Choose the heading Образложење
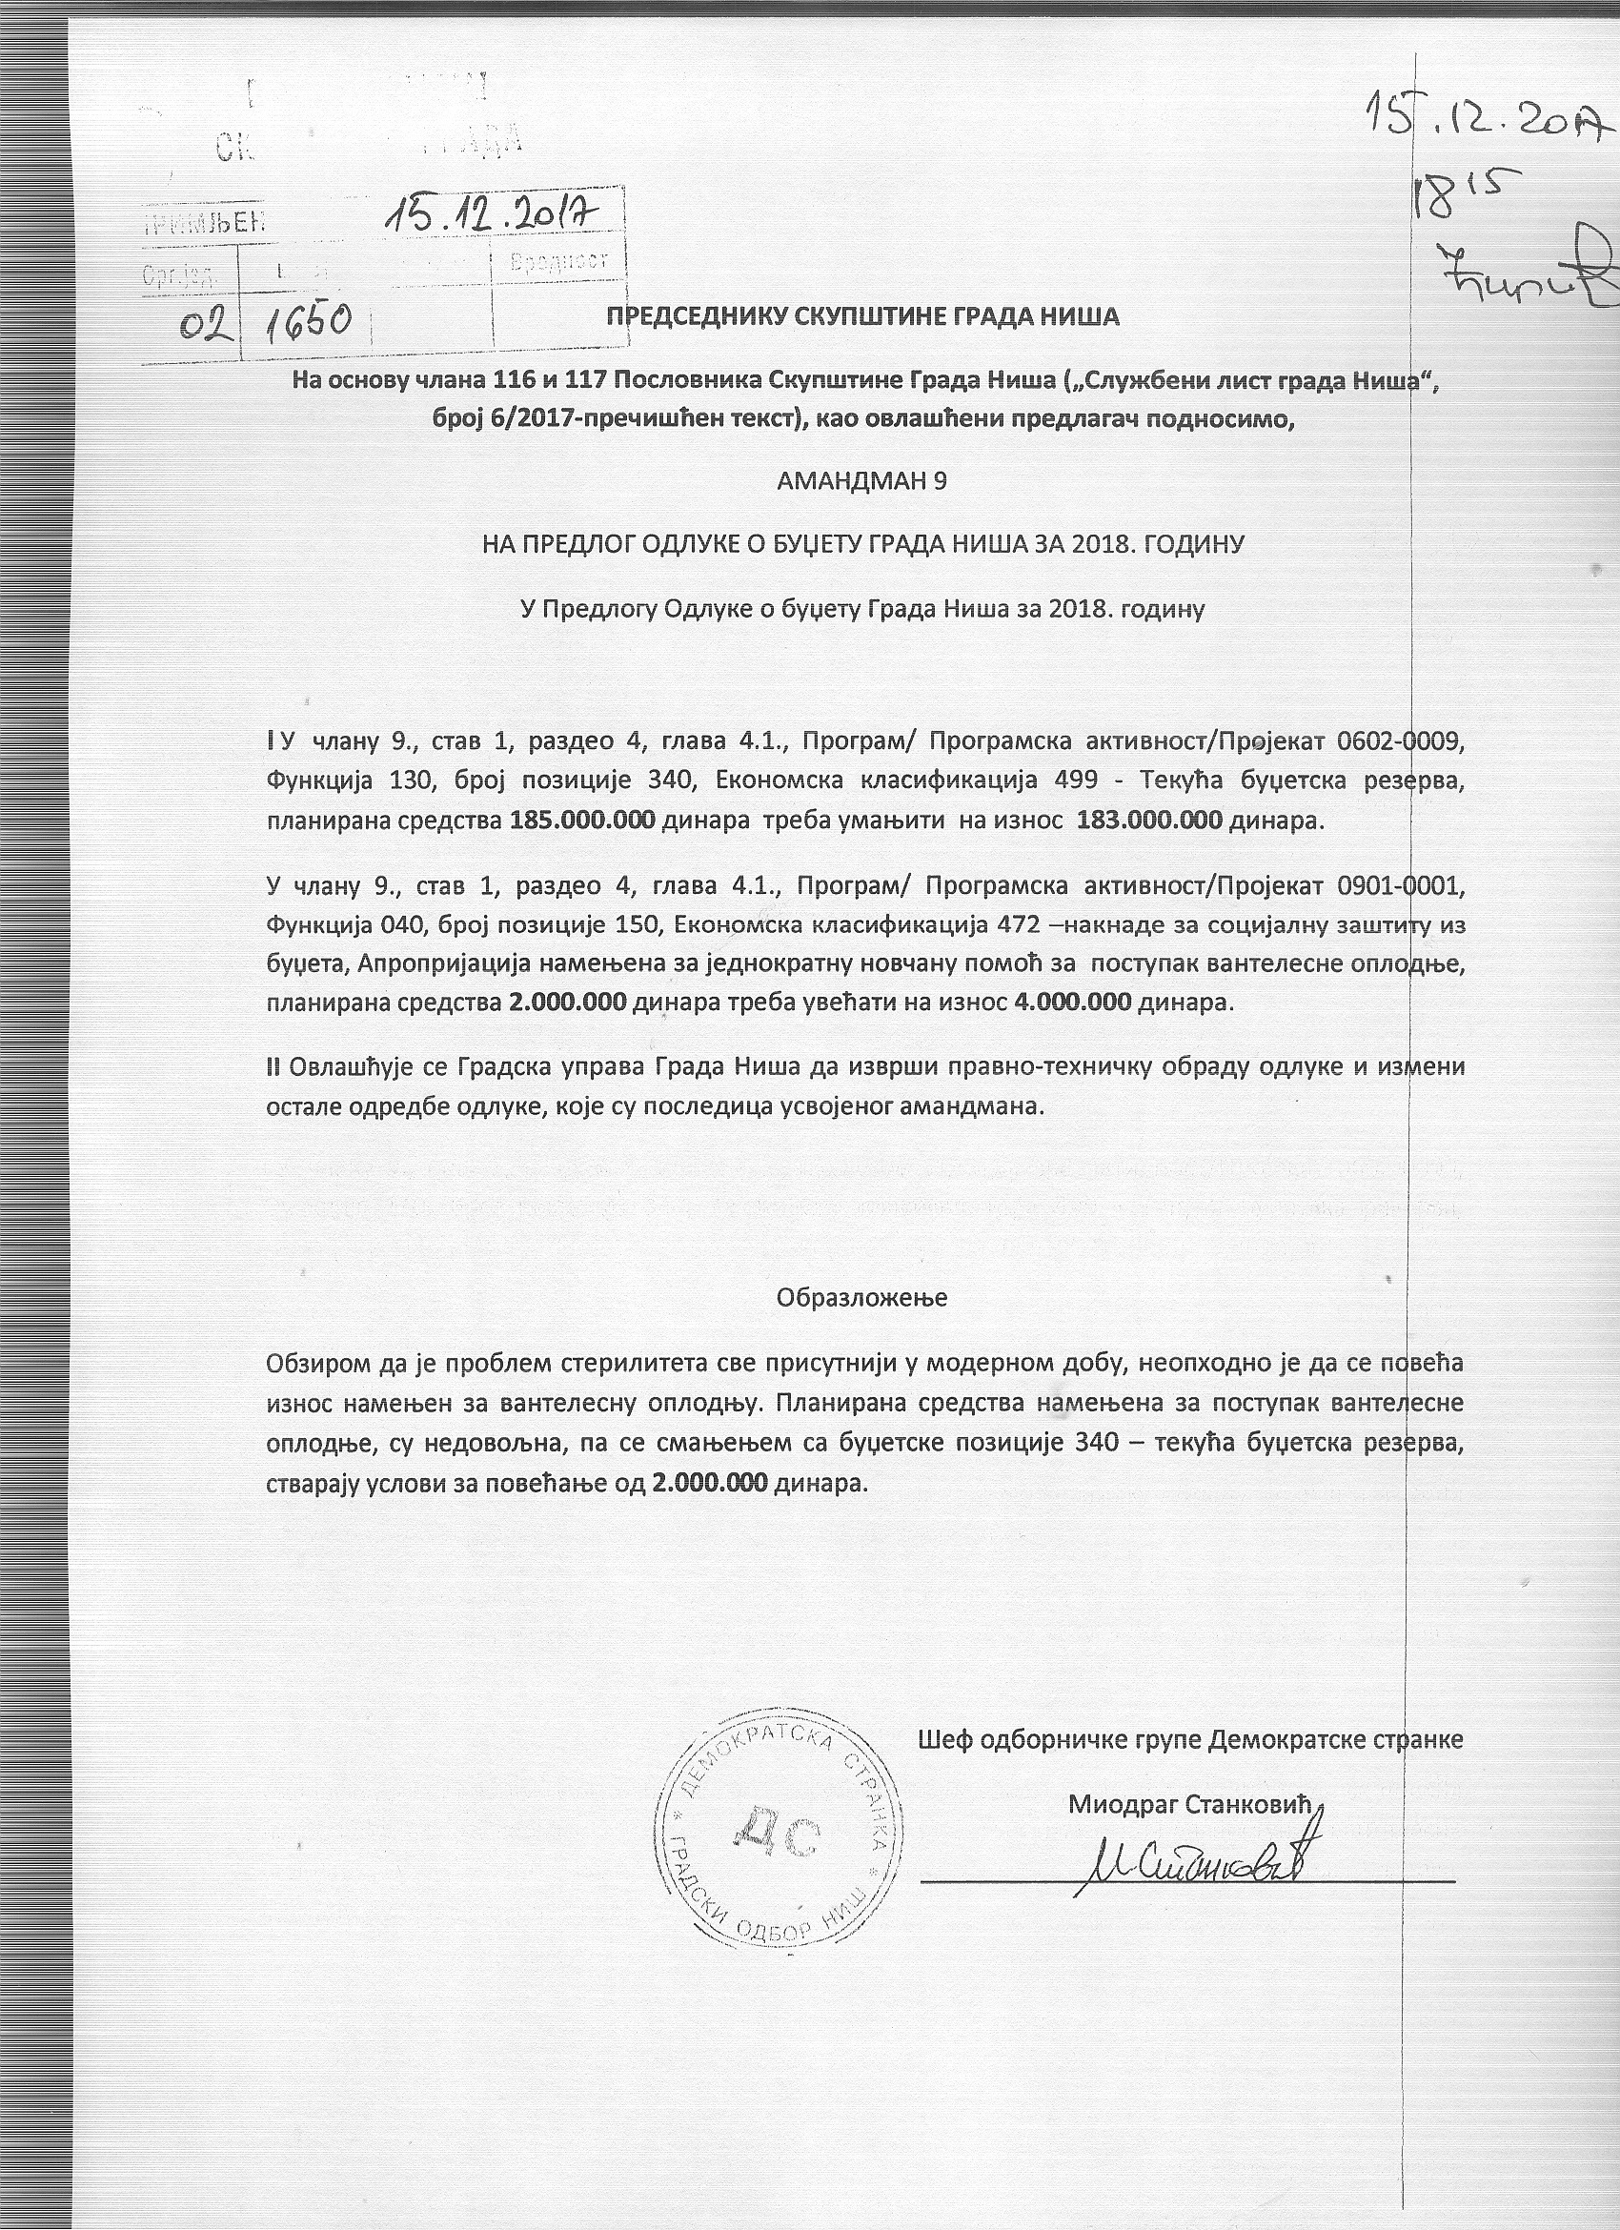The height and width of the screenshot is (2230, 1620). click(x=861, y=1297)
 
